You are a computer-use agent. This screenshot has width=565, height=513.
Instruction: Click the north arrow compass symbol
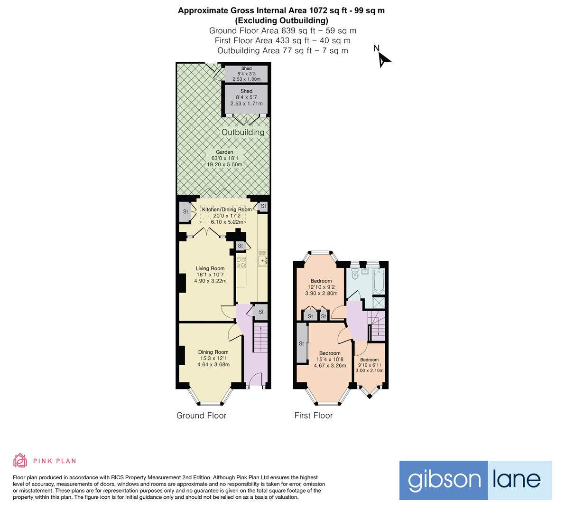click(383, 59)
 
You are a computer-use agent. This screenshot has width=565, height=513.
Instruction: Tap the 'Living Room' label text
click(210, 268)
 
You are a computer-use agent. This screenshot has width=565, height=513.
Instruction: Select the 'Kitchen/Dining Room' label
click(227, 209)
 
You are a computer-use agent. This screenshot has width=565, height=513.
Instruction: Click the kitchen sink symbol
click(262, 259)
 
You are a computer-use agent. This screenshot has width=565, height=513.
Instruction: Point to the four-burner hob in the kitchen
click(241, 262)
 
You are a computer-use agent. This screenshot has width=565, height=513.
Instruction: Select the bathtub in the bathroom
click(379, 280)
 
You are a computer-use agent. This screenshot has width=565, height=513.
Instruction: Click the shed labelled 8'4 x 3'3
click(246, 74)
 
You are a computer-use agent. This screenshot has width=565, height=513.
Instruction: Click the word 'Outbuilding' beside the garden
click(243, 132)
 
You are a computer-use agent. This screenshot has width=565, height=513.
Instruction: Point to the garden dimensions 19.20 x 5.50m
click(224, 164)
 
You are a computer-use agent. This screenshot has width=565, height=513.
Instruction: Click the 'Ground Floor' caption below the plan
click(201, 416)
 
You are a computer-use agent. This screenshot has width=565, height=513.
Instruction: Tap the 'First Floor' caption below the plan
click(313, 416)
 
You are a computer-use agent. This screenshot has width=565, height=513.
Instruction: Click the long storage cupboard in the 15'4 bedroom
click(301, 343)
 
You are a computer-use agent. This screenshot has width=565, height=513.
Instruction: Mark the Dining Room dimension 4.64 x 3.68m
click(213, 365)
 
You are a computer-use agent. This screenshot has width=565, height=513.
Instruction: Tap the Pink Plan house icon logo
click(20, 460)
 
